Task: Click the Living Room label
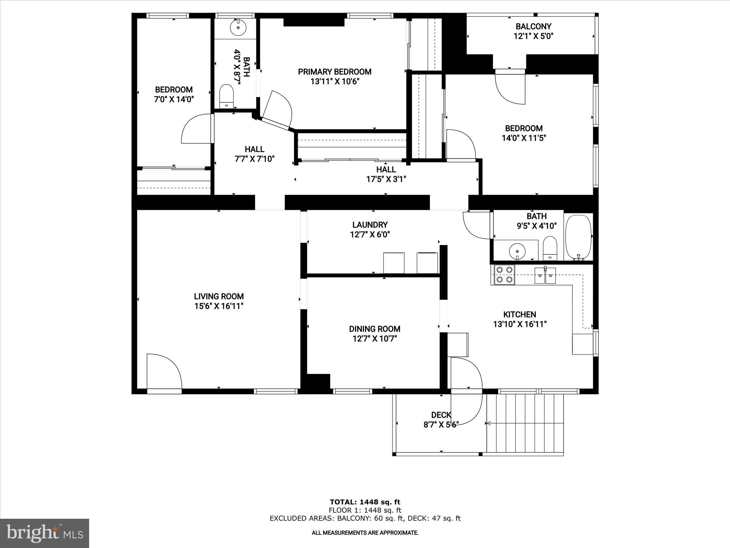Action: tap(219, 296)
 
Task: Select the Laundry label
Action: tap(370, 225)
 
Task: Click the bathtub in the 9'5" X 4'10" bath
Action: tap(578, 237)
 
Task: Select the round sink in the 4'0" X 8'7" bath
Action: tap(238, 27)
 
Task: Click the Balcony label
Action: tap(533, 26)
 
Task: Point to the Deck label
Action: tap(441, 415)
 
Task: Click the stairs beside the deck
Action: tap(525, 423)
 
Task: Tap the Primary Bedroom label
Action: tap(334, 72)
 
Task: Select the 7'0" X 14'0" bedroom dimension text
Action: tap(174, 99)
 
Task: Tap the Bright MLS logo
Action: tap(45, 533)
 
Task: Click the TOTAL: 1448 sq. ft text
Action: tap(365, 502)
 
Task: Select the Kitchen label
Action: tap(519, 314)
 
